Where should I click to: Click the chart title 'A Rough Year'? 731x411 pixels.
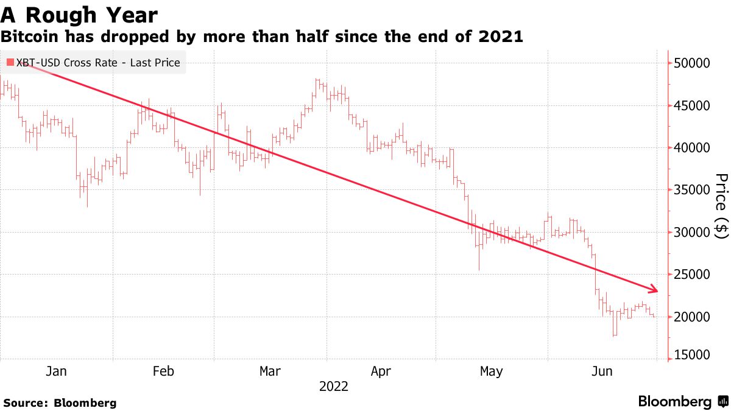79,15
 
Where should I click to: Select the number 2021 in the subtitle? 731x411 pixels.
501,37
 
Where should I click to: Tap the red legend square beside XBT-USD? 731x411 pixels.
10,62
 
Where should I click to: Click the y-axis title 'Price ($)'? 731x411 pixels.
721,205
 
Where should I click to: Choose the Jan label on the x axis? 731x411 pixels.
56,371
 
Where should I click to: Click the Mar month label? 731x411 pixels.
270,371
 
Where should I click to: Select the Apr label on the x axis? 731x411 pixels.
381,371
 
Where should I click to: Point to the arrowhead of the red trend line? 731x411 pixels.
655,289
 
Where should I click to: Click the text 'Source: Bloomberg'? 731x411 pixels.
60,402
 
